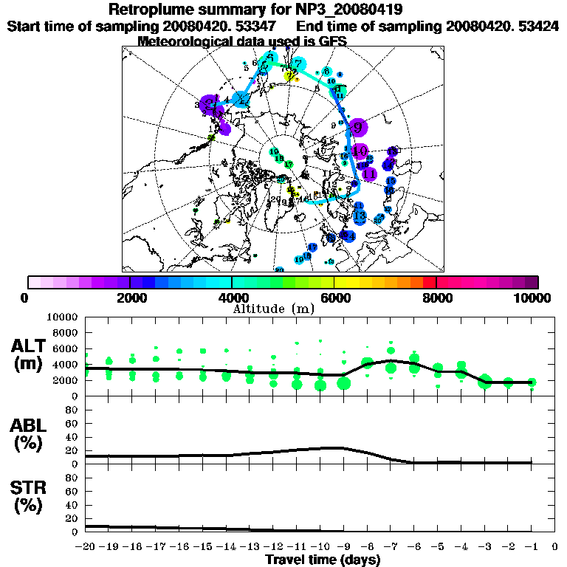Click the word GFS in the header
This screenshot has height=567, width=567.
click(331, 41)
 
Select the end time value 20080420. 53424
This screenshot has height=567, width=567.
click(502, 26)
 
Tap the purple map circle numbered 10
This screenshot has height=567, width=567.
click(360, 151)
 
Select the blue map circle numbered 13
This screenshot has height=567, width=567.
click(360, 216)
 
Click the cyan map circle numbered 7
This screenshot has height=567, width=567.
click(298, 63)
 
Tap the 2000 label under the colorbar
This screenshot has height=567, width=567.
click(130, 298)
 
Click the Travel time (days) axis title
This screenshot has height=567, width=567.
click(323, 560)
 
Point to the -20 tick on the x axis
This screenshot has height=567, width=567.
click(86, 547)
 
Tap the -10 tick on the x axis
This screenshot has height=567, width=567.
click(320, 547)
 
